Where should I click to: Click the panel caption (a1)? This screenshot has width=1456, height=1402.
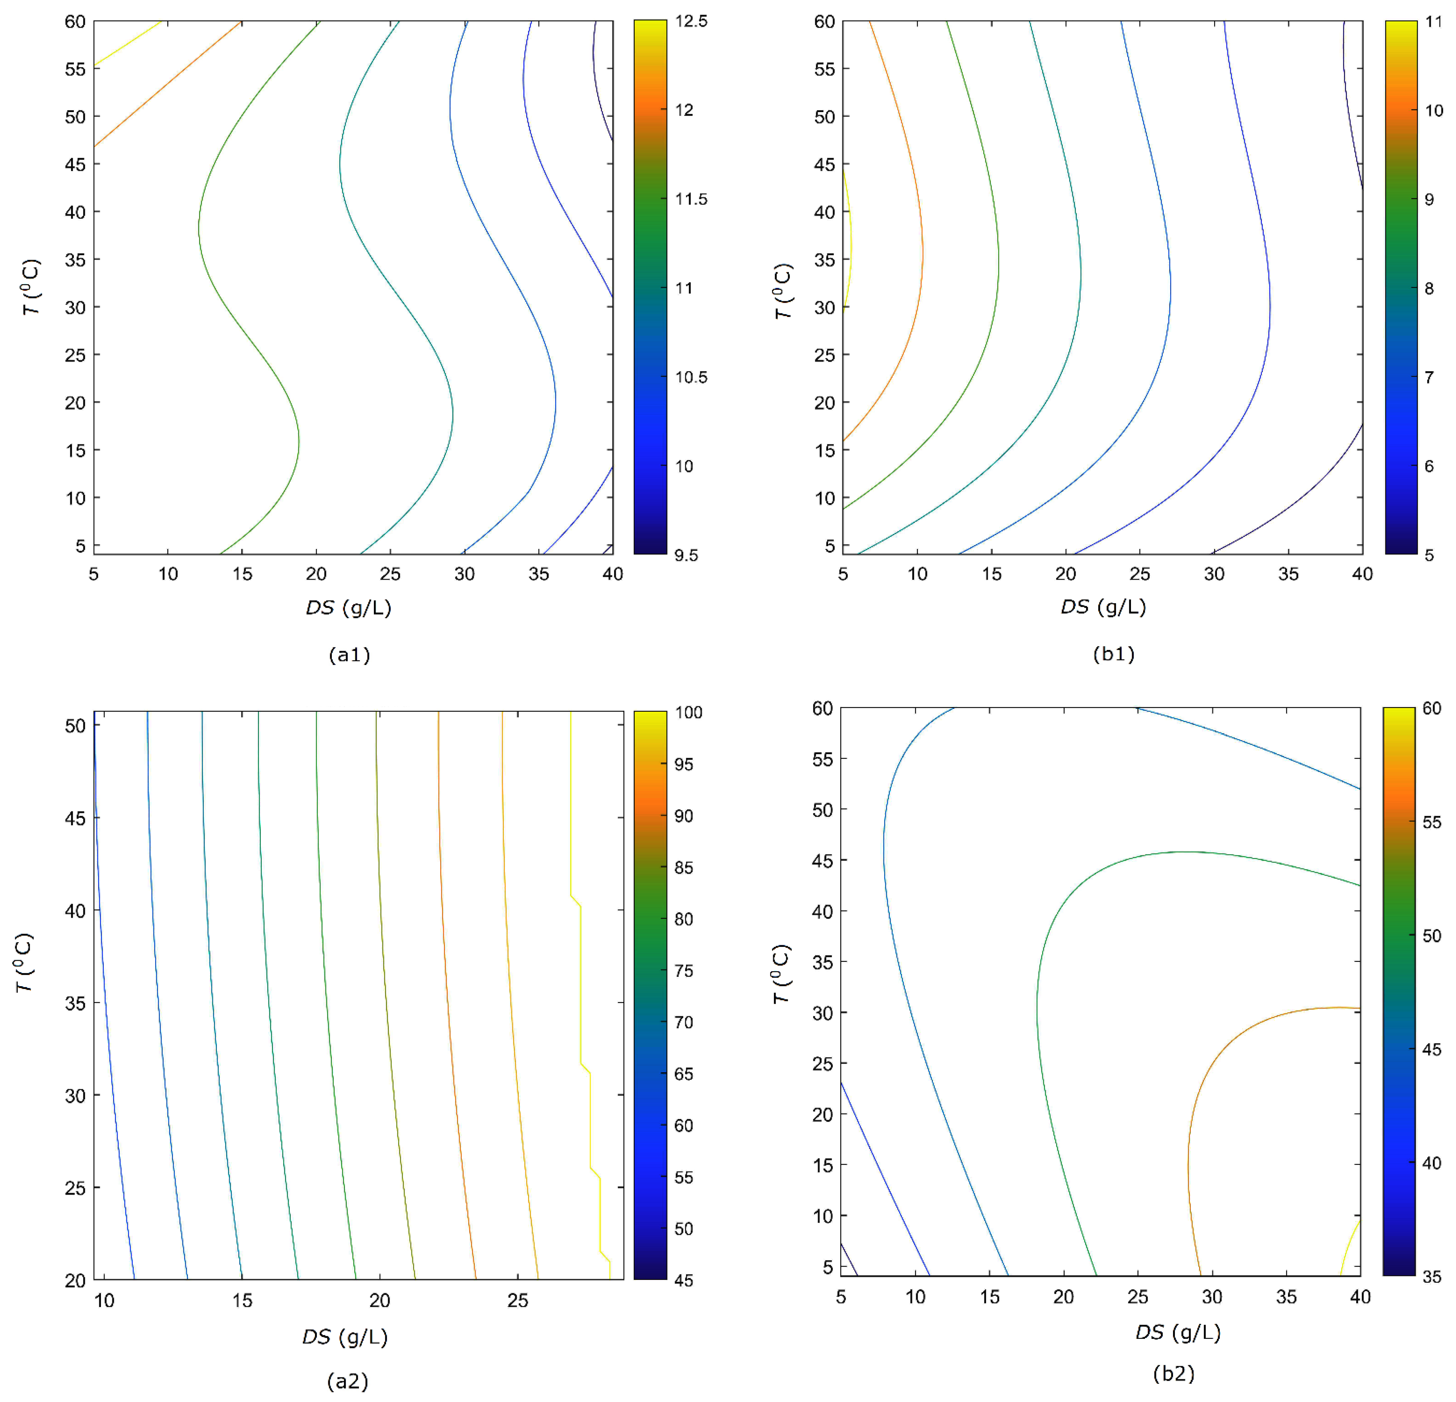point(349,655)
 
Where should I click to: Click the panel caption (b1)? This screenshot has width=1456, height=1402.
point(1113,654)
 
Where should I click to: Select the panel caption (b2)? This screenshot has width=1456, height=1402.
point(1174,1374)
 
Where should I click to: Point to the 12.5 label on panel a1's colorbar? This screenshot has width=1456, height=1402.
point(691,21)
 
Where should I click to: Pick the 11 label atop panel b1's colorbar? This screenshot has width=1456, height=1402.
point(1433,21)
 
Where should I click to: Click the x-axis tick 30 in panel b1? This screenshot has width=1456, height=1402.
point(1214,574)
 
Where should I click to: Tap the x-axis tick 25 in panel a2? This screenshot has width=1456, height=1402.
point(518,1300)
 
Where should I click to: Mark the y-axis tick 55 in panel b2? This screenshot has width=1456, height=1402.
point(822,759)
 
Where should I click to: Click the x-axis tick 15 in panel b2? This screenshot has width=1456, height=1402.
point(989,1296)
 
